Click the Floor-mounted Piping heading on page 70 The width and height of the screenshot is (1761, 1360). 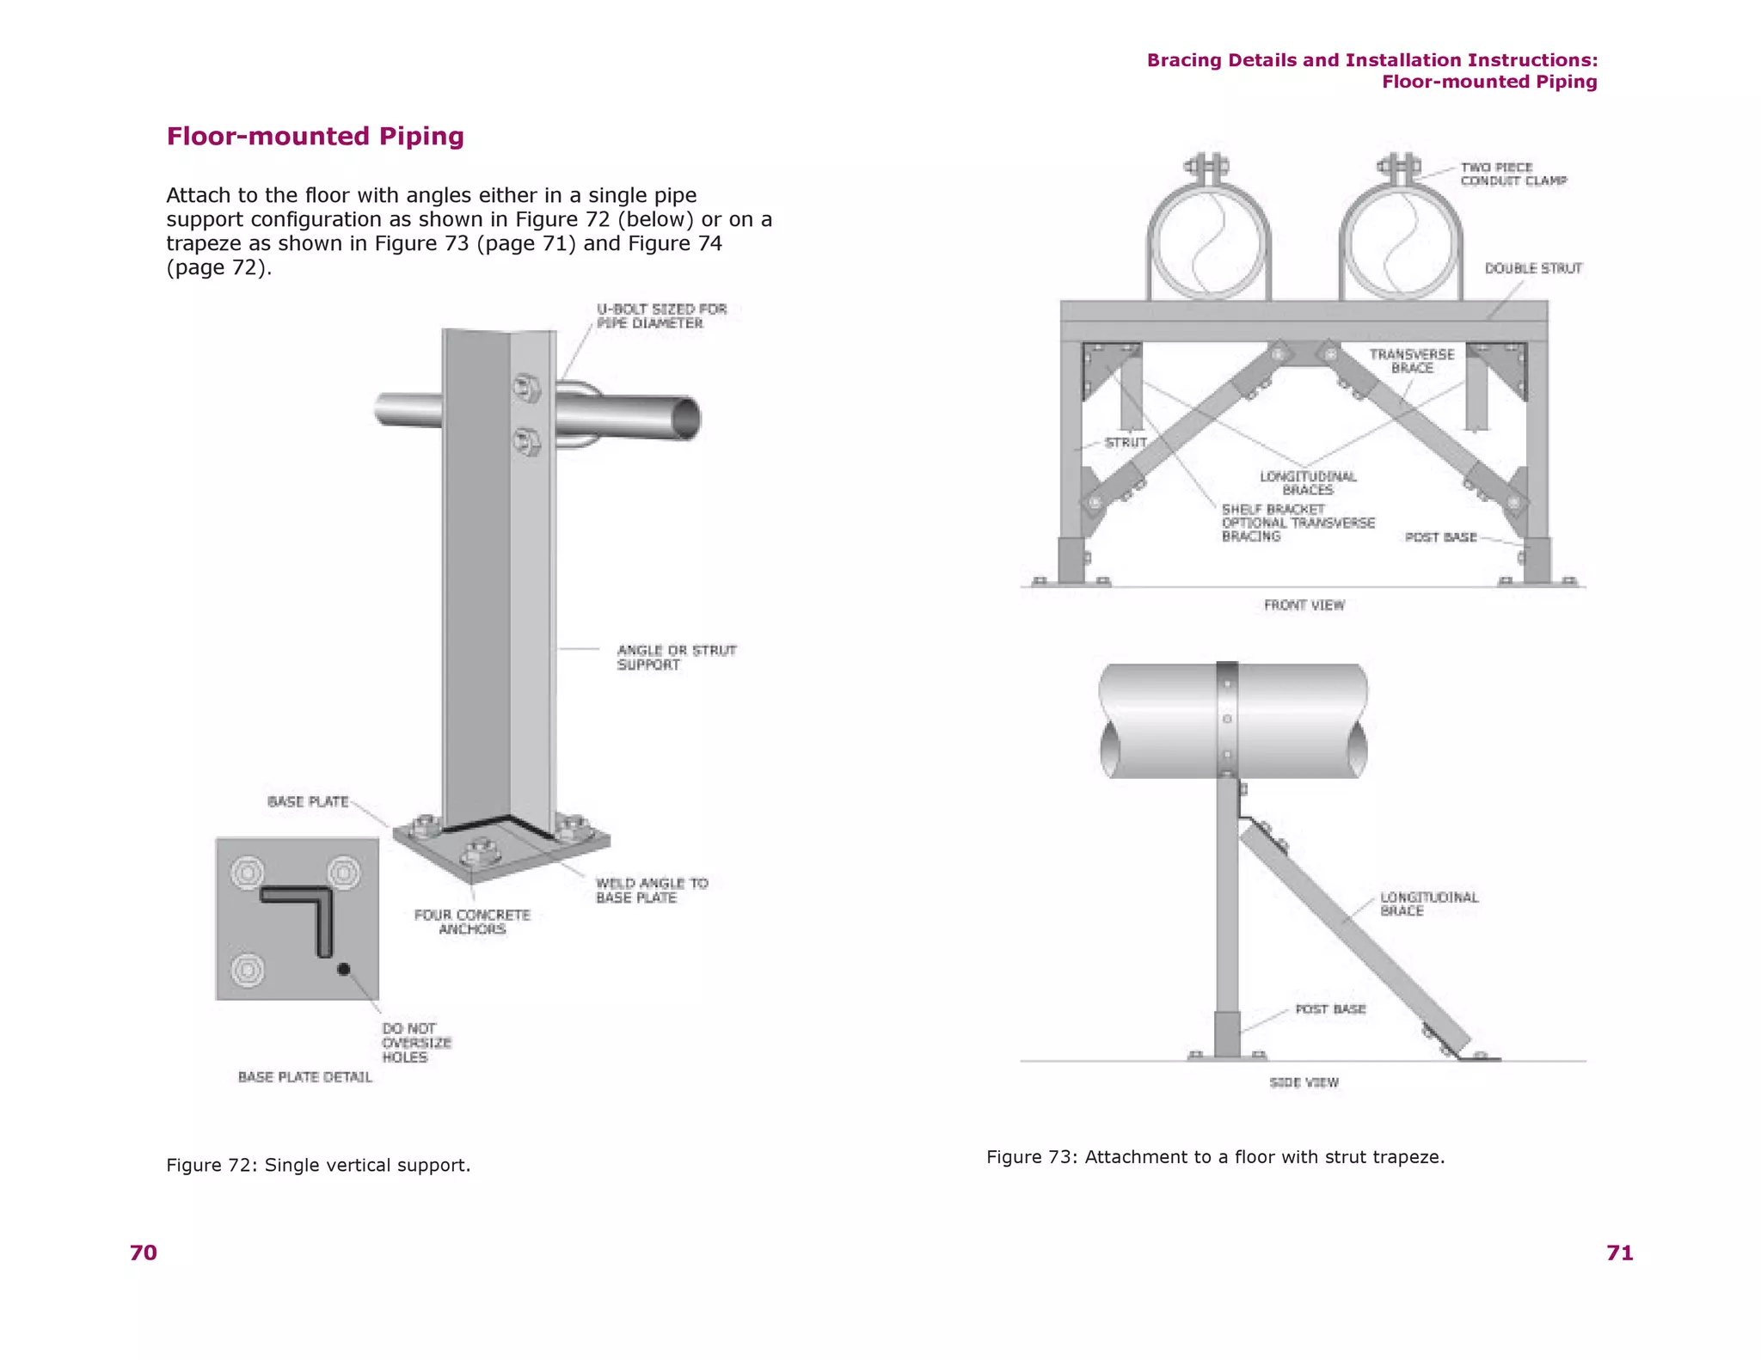315,136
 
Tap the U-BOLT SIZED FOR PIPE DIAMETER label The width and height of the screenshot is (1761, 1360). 661,315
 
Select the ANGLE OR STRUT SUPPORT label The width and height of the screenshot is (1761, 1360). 676,657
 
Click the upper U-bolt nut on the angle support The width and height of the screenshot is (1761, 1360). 525,389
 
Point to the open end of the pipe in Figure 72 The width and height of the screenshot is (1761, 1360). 685,419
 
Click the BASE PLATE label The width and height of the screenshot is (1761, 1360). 308,801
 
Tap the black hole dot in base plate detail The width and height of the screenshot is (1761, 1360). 343,969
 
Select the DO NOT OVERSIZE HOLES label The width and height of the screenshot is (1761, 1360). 416,1042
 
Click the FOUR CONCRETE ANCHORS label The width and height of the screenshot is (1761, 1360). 472,922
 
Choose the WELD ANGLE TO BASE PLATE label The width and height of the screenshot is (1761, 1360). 651,890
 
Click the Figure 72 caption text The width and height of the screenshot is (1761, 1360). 318,1165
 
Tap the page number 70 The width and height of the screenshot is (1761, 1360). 144,1253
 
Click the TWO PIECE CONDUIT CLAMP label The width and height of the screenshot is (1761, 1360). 1512,174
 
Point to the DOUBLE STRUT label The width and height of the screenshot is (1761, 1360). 1533,268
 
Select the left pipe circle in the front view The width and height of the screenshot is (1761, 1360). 1208,243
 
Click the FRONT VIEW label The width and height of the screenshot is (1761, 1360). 1304,605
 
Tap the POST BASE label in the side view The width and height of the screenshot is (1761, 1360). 1330,1008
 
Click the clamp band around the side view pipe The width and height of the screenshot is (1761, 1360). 1227,718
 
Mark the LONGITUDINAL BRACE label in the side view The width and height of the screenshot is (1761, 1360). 1428,904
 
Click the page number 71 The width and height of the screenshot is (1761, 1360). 1619,1253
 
